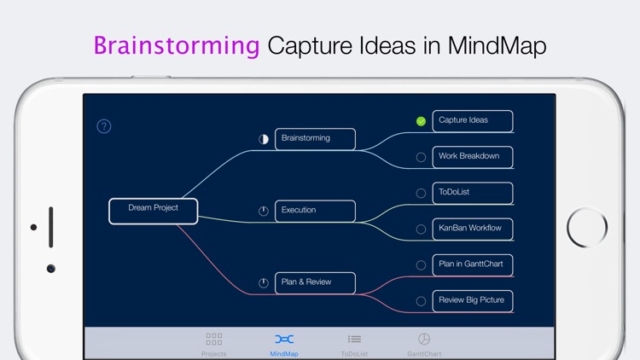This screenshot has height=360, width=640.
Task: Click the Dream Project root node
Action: tap(154, 211)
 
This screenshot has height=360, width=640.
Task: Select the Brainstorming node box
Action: tap(315, 139)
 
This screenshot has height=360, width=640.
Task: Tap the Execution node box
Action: tap(315, 211)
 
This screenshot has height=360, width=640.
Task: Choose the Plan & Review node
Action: tap(315, 282)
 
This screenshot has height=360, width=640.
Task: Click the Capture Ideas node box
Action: tap(472, 121)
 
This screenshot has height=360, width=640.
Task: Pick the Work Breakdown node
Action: tap(472, 157)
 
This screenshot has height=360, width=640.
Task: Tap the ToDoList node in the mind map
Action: tap(472, 193)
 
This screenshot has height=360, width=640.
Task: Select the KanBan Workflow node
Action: tap(472, 229)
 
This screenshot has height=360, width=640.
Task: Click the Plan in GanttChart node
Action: tap(472, 264)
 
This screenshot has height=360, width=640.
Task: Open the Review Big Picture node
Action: tap(472, 300)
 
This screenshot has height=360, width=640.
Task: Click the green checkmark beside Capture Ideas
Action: tap(421, 121)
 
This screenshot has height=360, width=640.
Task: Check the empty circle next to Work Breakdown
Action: tap(421, 157)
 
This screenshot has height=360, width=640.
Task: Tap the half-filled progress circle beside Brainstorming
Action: tap(264, 139)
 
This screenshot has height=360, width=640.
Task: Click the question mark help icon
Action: tap(104, 126)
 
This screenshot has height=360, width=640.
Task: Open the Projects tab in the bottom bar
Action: tap(214, 343)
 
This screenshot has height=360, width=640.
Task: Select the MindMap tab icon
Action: tap(284, 340)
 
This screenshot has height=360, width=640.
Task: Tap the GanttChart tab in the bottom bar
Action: tap(424, 343)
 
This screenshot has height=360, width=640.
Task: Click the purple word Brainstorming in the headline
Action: tap(177, 45)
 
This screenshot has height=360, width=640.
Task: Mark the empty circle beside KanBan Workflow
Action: tap(421, 229)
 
